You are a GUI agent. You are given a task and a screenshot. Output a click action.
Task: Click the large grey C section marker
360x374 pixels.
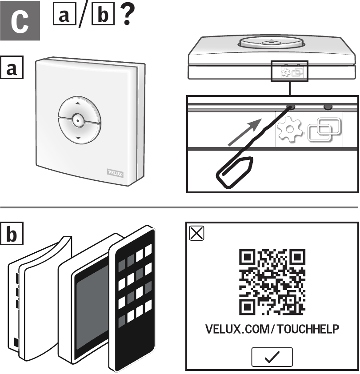pos(20,20)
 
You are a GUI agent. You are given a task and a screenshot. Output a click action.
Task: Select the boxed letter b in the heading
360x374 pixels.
pos(103,14)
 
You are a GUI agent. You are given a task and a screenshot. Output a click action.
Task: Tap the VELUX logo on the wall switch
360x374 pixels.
pos(115,173)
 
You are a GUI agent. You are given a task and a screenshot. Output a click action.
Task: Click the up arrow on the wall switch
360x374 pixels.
pos(78,103)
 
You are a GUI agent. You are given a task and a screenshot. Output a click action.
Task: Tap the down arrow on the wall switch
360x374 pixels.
pos(78,138)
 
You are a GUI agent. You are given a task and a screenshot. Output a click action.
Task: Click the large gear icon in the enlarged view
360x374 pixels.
pos(290,129)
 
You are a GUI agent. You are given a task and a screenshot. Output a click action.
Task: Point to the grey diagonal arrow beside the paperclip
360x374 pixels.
pos(245,132)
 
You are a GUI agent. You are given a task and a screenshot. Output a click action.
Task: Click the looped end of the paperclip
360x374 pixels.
pos(234,172)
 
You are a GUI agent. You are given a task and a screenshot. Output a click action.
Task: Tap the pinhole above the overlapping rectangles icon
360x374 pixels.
pos(328,107)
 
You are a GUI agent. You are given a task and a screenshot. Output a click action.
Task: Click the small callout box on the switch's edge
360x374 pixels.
pos(289,71)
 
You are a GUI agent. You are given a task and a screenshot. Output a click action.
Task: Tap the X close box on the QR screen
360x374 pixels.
pos(196,233)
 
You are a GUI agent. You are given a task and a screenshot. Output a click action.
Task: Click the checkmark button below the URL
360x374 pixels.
pos(272,357)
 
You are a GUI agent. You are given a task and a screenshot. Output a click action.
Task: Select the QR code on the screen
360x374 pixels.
pos(272,282)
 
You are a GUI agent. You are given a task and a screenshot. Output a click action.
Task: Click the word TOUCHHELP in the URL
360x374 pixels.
pos(308,329)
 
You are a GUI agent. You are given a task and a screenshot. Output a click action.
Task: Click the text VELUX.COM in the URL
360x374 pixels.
pos(237,329)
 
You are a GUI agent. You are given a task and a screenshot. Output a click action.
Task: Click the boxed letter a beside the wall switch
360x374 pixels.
pos(12,67)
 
